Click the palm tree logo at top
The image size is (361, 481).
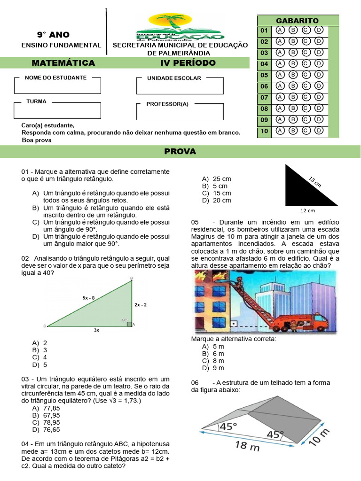[x=180, y=26]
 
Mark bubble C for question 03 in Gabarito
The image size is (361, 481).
[x=306, y=53]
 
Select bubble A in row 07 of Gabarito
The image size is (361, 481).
[x=280, y=97]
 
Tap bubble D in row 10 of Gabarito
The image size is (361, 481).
[x=319, y=131]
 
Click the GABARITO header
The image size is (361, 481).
[x=297, y=21]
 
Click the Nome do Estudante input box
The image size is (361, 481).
[x=57, y=86]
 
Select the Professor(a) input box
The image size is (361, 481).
[x=180, y=112]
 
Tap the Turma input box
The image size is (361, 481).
[x=57, y=110]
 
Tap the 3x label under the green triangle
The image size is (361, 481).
[x=96, y=330]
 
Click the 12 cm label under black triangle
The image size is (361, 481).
[x=308, y=210]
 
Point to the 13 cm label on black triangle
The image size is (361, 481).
[x=314, y=182]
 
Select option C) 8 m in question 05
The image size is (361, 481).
[x=213, y=361]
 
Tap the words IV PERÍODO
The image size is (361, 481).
[x=188, y=63]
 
